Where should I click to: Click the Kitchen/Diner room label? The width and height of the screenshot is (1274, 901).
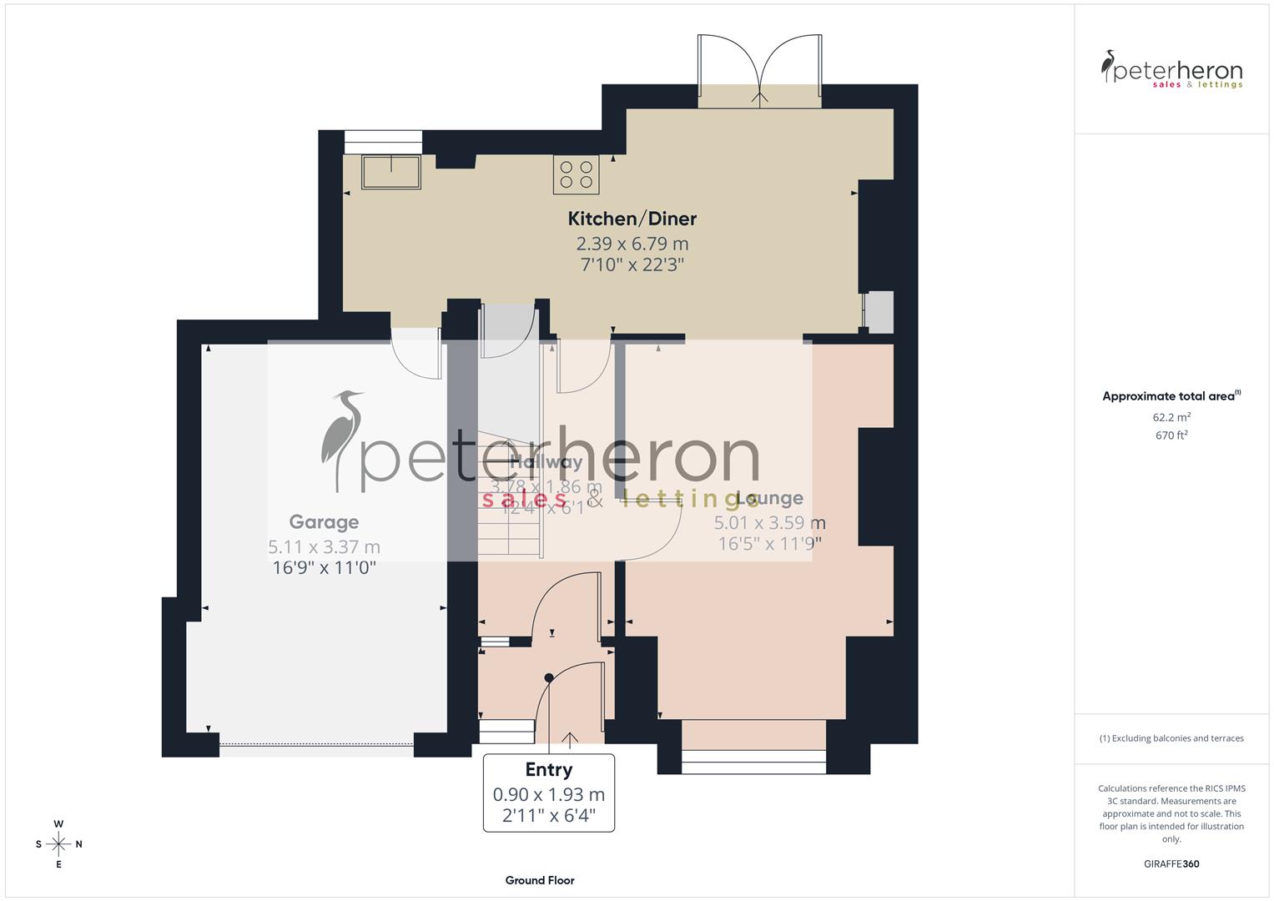pos(632,219)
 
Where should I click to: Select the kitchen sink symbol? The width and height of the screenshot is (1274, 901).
pos(391,172)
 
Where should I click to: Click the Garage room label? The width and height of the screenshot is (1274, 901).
pos(324,522)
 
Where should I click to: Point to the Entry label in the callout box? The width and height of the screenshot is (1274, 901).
pos(548,770)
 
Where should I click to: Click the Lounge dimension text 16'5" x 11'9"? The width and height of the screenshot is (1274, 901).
pos(769,544)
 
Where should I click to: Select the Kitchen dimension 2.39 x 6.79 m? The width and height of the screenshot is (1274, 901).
pos(632,244)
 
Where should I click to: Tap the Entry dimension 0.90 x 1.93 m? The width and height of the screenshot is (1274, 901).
pos(548,795)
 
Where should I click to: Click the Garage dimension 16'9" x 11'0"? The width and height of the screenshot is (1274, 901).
pos(324,568)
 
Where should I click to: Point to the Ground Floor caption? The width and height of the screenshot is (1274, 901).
pos(540,880)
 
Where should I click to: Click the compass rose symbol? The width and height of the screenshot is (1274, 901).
pos(58,844)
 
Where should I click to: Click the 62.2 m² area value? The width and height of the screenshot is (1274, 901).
pos(1171,417)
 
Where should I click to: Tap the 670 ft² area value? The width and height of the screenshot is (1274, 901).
pos(1171,435)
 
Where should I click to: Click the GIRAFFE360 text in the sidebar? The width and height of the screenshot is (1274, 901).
pos(1171,864)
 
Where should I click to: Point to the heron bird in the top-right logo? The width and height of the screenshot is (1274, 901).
pos(1109,66)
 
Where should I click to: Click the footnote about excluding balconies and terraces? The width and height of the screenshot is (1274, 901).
pos(1171,738)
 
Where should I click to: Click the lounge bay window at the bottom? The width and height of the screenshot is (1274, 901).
pos(753,757)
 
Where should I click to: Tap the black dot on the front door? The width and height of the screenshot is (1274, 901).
pos(548,677)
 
